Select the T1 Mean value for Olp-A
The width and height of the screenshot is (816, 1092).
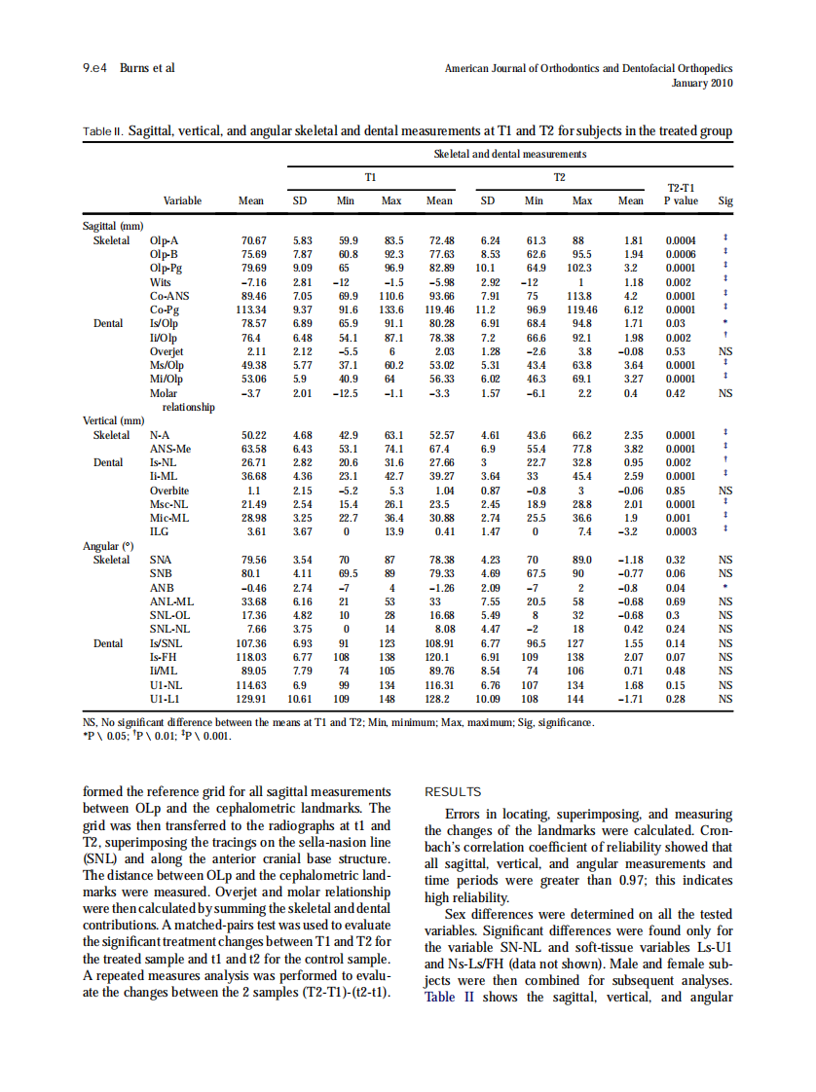(x=253, y=239)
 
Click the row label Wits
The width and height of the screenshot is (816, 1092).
(x=161, y=281)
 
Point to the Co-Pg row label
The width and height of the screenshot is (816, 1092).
(x=166, y=309)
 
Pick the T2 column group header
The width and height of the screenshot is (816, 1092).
(x=559, y=178)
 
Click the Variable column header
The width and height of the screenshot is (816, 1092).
(x=182, y=201)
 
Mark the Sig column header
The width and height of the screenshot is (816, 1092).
(x=724, y=201)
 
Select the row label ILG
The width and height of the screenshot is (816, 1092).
(x=160, y=532)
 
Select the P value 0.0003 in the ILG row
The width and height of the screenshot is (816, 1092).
(x=681, y=532)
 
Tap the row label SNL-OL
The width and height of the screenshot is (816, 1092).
(x=168, y=616)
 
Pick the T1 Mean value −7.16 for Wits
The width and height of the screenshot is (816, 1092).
(x=252, y=281)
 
